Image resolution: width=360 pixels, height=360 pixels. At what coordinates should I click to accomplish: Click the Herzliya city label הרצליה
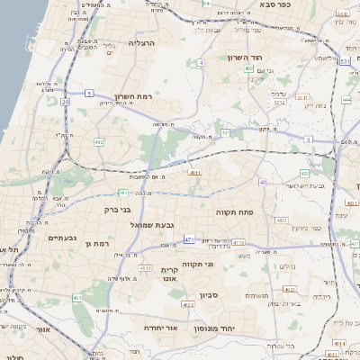pyautogui.click(x=143, y=42)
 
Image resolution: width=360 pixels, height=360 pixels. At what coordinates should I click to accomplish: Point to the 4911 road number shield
pyautogui.click(x=193, y=171)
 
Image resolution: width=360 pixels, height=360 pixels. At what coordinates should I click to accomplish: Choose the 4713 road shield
pyautogui.click(x=145, y=268)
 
